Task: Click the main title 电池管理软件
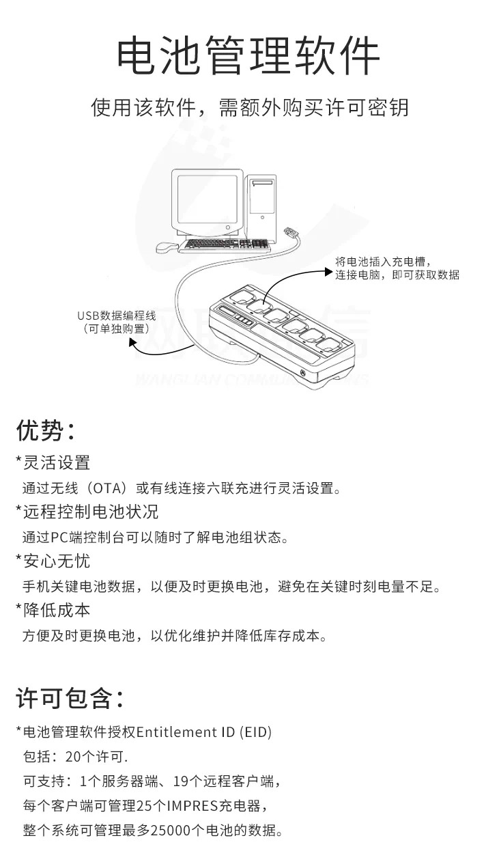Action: click(x=248, y=55)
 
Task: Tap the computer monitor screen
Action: click(x=208, y=199)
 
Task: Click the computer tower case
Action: click(x=261, y=207)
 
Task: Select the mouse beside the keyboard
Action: click(x=167, y=247)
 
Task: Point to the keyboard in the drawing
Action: click(x=225, y=245)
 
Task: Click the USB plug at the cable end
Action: click(x=291, y=233)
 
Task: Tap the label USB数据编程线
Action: click(x=117, y=316)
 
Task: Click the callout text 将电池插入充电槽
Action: click(x=380, y=262)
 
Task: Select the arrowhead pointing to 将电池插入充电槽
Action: click(x=328, y=273)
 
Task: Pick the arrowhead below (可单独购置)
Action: click(x=132, y=342)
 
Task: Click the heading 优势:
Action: click(x=45, y=430)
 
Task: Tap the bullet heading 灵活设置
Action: click(x=57, y=462)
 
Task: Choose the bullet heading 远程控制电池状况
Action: click(x=91, y=512)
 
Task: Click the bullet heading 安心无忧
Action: click(x=57, y=561)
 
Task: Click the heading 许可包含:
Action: click(x=70, y=698)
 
